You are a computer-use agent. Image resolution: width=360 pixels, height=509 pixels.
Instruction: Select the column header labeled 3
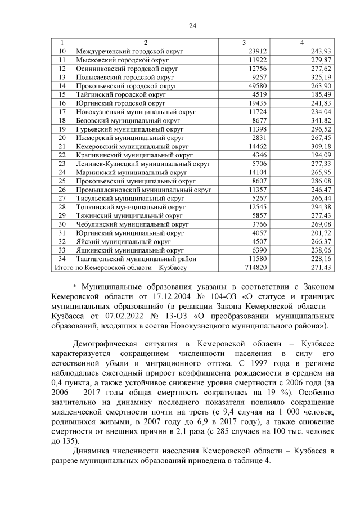pos(244,43)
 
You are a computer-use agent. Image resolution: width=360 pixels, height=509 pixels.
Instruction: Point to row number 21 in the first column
pos(62,146)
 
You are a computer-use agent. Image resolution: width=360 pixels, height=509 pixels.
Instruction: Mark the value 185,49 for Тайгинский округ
pos(318,94)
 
